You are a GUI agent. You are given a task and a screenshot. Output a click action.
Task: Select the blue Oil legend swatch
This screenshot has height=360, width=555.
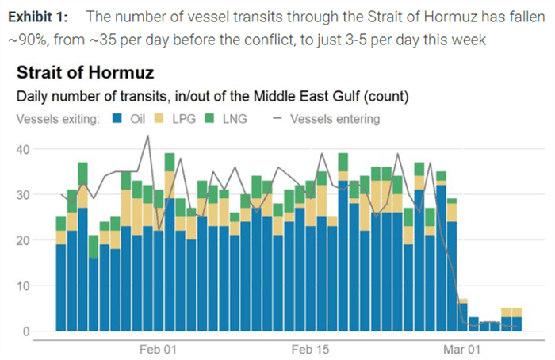[x=117, y=119]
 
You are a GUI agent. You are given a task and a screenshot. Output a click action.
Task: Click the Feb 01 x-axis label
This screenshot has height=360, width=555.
[x=158, y=350]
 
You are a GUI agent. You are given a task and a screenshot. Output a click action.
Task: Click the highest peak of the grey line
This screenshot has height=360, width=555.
[x=147, y=136]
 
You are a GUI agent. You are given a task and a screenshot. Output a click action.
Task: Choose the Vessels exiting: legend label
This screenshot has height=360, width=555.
[x=56, y=119]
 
